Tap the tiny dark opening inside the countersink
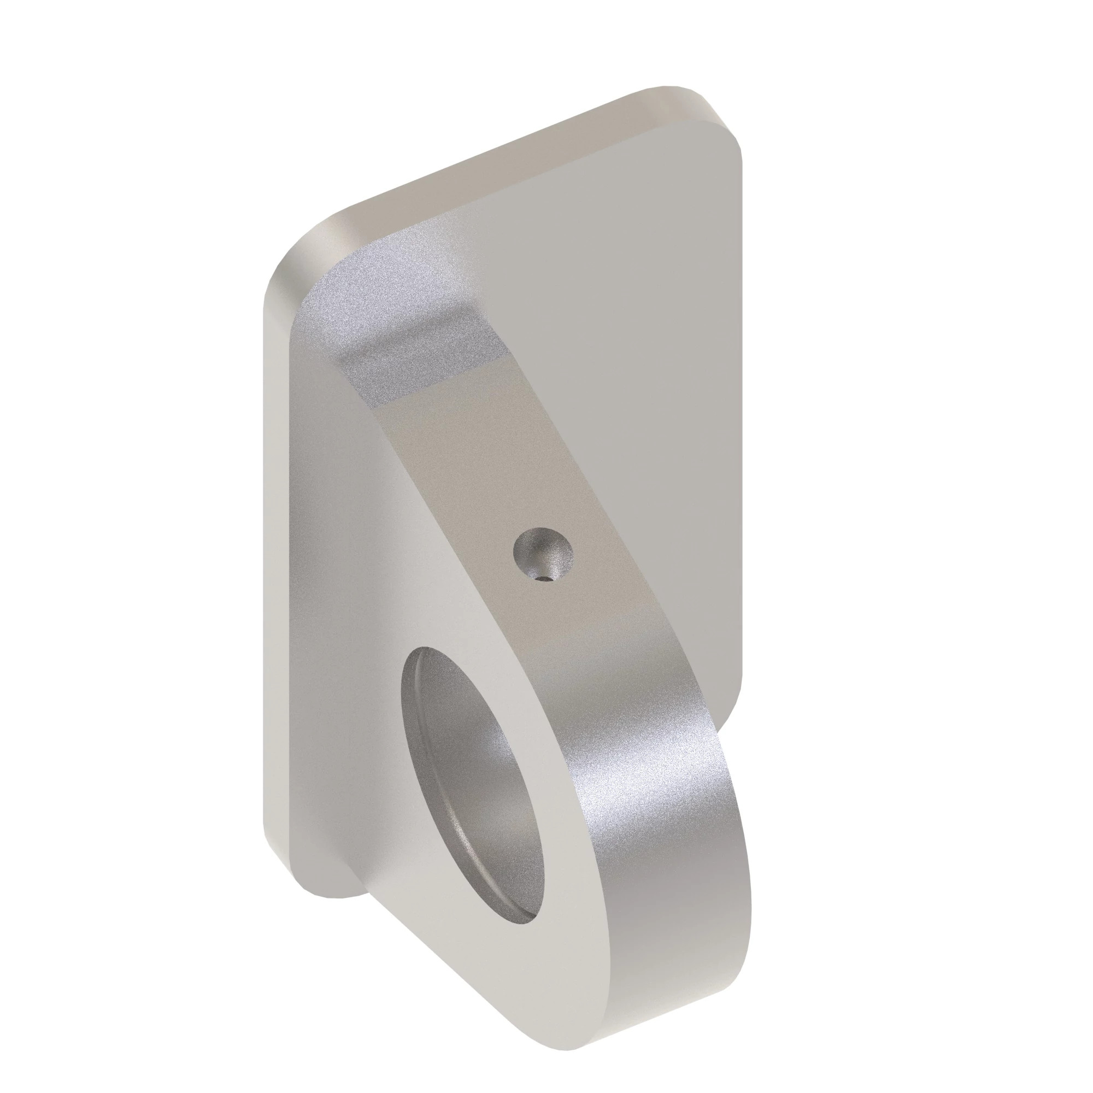click(x=544, y=578)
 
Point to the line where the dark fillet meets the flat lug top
click(x=430, y=387)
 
